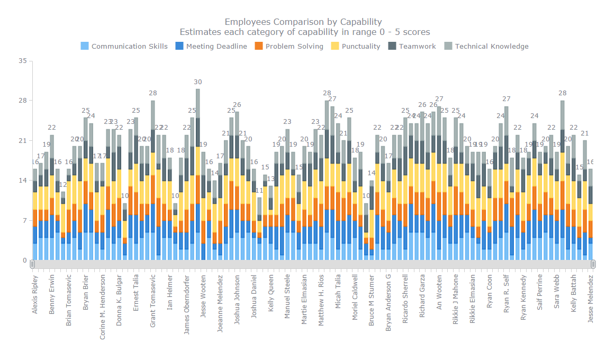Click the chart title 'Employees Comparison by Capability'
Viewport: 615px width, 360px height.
[303, 22]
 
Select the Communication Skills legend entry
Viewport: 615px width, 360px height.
[124, 46]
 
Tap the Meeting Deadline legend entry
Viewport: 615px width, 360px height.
[211, 46]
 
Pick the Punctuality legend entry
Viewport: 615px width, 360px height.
[356, 46]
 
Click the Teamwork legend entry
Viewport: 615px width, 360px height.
[412, 46]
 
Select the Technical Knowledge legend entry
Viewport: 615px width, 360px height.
[486, 46]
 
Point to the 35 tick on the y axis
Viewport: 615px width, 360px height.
[22, 61]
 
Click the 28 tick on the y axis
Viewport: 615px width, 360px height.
[22, 101]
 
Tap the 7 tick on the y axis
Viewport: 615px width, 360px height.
[24, 220]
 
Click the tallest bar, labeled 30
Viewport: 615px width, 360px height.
[198, 175]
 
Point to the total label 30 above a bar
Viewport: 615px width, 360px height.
[198, 82]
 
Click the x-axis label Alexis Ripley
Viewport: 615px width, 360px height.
[35, 294]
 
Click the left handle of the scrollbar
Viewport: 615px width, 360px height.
[32, 264]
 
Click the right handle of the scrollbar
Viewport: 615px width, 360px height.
[593, 264]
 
